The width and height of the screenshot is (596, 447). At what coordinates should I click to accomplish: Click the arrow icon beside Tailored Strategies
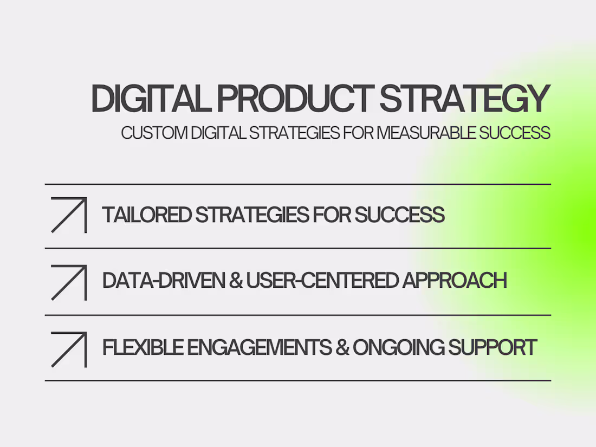tap(69, 215)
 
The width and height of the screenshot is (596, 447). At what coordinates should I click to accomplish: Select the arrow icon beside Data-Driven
tap(69, 282)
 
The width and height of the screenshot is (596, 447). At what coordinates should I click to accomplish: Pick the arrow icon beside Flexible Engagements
tap(69, 349)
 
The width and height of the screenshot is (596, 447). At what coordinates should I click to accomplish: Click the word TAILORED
tap(146, 215)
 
